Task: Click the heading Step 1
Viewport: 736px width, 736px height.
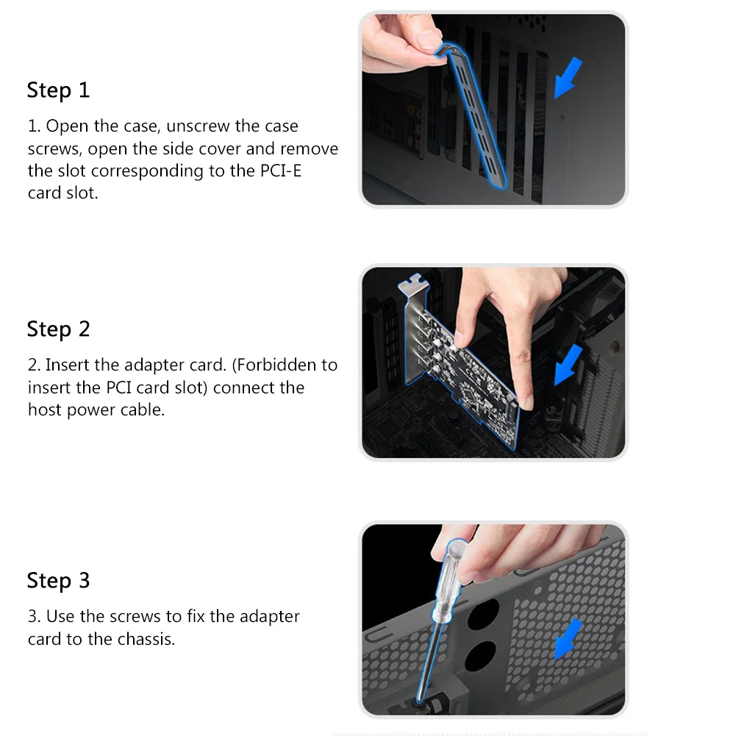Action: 58,90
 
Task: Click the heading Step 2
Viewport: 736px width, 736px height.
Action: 58,329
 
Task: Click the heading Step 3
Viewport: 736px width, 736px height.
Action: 58,580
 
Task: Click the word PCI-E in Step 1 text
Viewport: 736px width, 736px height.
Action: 280,171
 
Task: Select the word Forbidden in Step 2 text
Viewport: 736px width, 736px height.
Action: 276,365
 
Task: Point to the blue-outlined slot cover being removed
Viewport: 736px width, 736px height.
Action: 474,115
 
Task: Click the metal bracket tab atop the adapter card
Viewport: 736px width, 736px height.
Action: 413,285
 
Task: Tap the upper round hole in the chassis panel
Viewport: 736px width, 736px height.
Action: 484,613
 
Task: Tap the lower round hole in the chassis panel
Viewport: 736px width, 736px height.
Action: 480,656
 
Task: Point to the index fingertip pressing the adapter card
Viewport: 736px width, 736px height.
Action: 526,401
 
